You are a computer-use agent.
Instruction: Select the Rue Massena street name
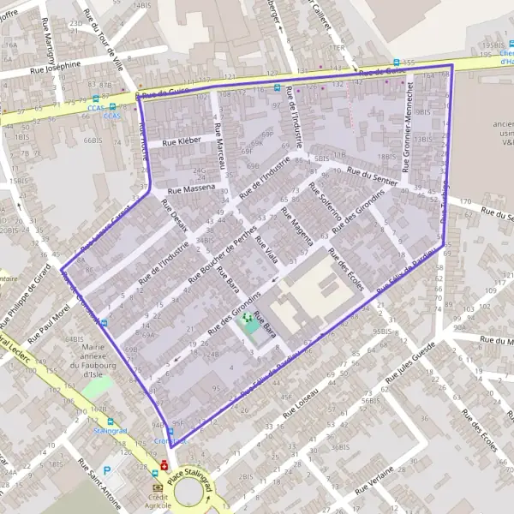(x=192, y=188)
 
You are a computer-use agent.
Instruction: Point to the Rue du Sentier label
(x=373, y=176)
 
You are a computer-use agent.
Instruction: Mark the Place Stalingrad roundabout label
(x=194, y=487)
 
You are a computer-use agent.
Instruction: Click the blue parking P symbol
(x=107, y=470)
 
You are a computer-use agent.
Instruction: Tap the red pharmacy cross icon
(x=164, y=465)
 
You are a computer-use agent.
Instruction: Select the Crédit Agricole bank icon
(x=158, y=487)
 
